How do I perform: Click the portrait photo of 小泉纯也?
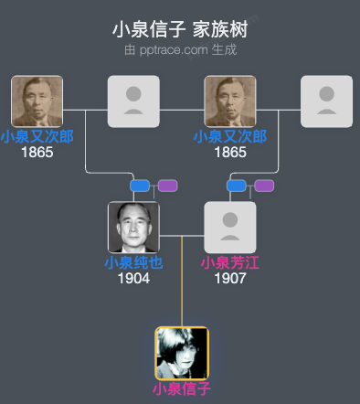point(133,228)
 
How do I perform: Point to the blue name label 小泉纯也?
point(133,263)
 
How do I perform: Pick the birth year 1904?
point(133,278)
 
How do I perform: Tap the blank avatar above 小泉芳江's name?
point(230,228)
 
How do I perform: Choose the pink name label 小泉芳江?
point(230,263)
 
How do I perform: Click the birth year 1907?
point(230,278)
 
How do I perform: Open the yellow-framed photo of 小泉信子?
point(182,353)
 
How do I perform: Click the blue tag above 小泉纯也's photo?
point(140,186)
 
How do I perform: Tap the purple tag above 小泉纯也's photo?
point(167,186)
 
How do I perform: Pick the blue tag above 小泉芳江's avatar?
point(237,186)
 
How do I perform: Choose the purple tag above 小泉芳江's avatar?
point(264,186)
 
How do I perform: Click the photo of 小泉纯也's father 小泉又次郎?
point(37,101)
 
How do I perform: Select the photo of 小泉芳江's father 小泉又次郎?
point(230,101)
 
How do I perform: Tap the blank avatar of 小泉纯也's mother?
point(133,101)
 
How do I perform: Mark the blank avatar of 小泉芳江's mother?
point(326,101)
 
